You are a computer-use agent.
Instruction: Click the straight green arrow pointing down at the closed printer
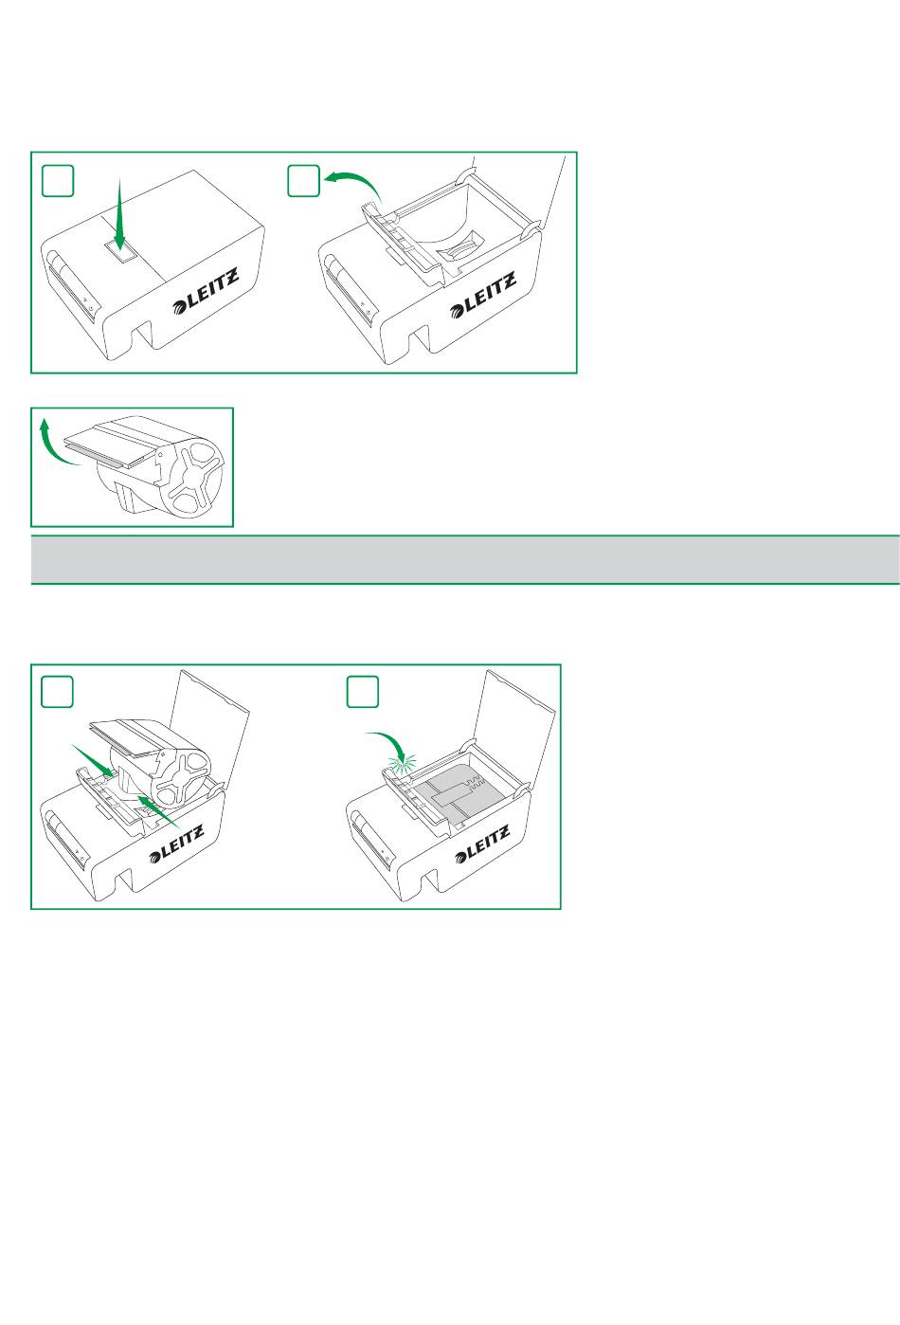[120, 214]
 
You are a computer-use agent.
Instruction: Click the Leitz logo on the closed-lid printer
[206, 291]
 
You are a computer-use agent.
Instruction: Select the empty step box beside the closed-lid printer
[58, 180]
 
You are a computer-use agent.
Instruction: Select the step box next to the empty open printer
[303, 180]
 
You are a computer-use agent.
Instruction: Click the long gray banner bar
[465, 559]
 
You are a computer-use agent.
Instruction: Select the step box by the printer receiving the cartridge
[57, 692]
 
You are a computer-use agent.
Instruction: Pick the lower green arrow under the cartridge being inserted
[158, 811]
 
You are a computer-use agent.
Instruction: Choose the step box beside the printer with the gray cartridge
[363, 692]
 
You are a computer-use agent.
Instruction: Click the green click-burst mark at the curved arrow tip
[402, 764]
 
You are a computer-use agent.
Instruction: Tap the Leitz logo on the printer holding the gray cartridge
[482, 844]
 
